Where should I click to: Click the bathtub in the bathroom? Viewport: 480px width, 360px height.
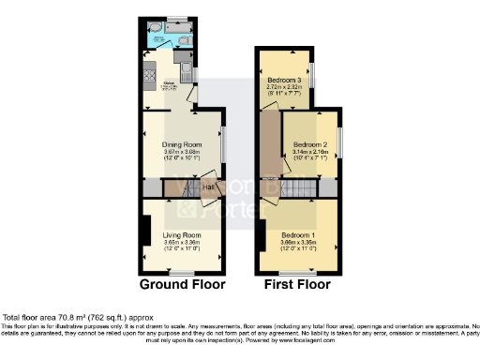click(x=169, y=28)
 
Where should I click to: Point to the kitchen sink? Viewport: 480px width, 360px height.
click(x=186, y=73)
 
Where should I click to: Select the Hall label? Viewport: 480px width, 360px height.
click(x=206, y=187)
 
